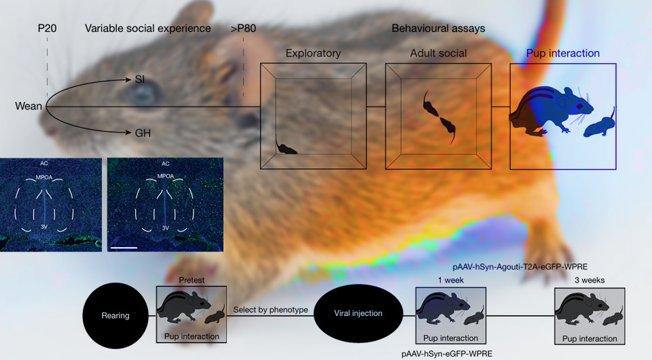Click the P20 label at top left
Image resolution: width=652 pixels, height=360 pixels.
[x=47, y=29]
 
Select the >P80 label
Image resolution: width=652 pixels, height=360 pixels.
[x=243, y=29]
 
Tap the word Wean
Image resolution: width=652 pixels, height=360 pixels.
[x=29, y=107]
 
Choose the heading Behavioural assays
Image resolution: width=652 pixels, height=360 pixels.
[x=438, y=29]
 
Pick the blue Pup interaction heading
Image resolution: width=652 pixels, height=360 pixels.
[x=562, y=53]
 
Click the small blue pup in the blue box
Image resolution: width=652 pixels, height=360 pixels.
[x=600, y=126]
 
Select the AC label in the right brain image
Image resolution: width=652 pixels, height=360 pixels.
[x=165, y=164]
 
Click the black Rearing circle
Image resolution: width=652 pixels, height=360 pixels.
[x=115, y=316]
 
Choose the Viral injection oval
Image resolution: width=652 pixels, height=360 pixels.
[x=359, y=314]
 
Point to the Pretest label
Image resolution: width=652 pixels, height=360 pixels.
[x=191, y=279]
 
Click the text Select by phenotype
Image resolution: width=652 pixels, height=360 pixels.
[x=270, y=310]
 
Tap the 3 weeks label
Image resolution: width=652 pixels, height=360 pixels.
[x=589, y=279]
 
